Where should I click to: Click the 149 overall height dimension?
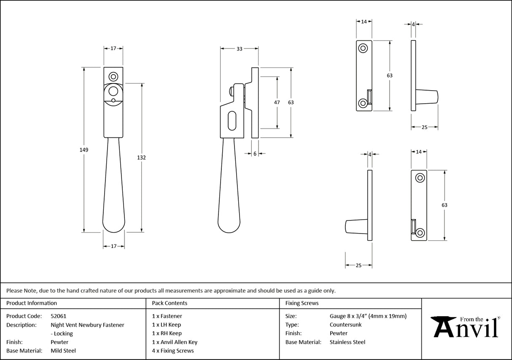pos(84,150)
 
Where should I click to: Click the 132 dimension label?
pos(141,157)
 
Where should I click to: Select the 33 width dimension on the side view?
pos(239,49)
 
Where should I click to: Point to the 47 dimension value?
pos(277,102)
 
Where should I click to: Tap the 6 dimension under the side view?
pos(255,154)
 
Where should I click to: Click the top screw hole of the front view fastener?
pos(113,77)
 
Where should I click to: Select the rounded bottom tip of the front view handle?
pos(113,228)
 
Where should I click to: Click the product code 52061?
pos(58,316)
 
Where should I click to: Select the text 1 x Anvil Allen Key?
pos(175,342)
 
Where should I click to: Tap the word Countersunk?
pos(345,325)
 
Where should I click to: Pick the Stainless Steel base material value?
pos(347,342)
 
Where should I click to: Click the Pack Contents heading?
pos(170,303)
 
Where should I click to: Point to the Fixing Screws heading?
pos(302,303)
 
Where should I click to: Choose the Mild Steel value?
pos(63,350)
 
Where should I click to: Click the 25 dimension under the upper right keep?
pos(424,127)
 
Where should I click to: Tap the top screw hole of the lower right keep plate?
pos(420,178)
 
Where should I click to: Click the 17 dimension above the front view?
pos(113,49)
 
